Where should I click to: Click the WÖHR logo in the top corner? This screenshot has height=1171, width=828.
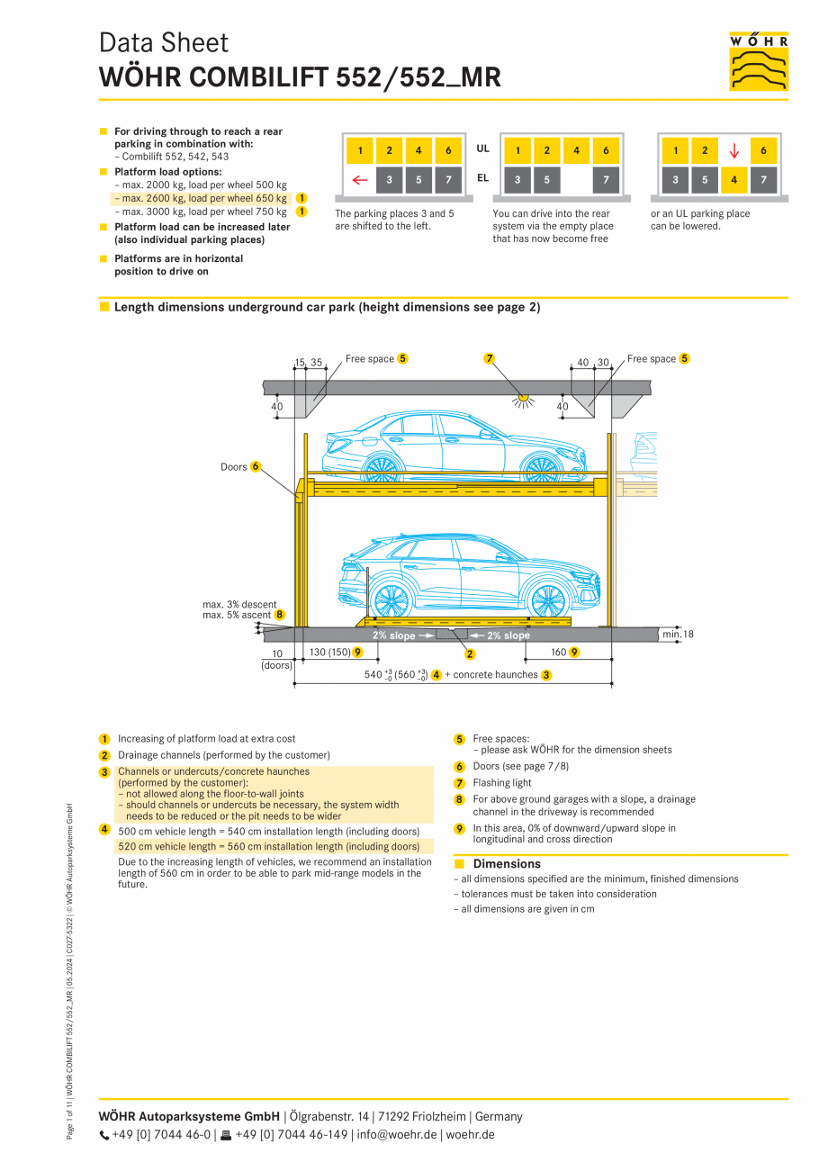pos(758,61)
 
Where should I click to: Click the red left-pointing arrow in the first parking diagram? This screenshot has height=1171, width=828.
pos(360,180)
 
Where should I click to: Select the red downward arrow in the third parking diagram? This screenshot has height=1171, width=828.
pos(734,151)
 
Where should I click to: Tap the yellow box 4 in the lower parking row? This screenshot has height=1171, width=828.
pos(734,180)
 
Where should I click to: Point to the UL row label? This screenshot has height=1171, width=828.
pos(483,149)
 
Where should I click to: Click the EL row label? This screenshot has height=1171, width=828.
pos(483,178)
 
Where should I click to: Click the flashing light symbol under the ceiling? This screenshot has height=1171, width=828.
pos(521,398)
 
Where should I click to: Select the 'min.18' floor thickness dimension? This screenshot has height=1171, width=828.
pos(677,635)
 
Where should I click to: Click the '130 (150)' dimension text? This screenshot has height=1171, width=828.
pos(329,652)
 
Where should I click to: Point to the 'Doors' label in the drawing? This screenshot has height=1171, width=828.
pos(233,467)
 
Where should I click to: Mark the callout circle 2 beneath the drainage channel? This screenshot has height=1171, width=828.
pos(470,654)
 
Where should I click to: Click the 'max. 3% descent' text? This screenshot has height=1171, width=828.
pos(239,604)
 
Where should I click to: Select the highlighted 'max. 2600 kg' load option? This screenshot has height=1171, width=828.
pos(202,198)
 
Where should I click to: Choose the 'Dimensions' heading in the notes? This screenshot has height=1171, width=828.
pos(508,864)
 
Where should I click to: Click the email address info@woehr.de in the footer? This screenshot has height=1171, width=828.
pos(397,1135)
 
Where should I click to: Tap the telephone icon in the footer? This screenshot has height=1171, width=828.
pos(103,1135)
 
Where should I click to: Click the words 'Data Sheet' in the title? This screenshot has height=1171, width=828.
pos(164,43)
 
